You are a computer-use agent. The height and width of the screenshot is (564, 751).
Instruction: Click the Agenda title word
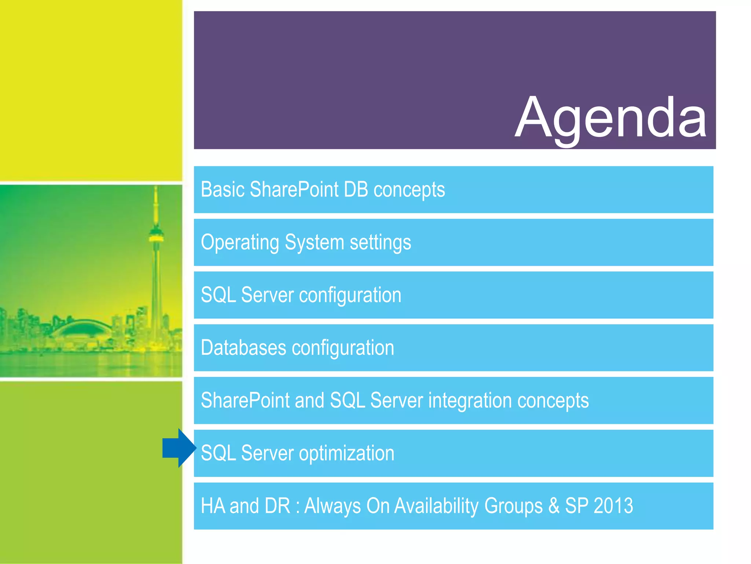611,117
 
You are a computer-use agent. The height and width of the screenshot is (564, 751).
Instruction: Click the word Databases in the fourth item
243,348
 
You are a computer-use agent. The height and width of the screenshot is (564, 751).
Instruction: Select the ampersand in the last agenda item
554,506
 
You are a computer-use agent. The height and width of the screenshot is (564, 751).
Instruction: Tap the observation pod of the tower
156,235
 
